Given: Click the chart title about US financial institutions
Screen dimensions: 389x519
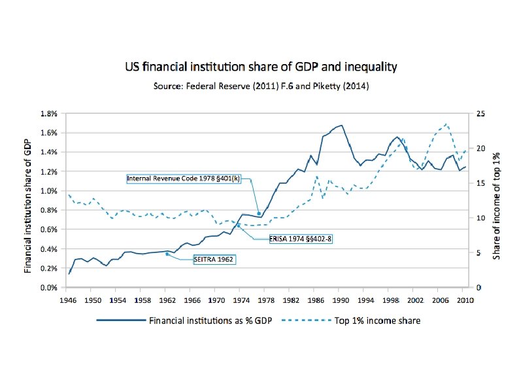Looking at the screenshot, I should pos(261,67).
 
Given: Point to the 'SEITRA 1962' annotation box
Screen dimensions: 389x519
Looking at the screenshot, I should pos(214,259).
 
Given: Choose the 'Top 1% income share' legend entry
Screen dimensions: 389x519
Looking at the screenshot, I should pos(375,320).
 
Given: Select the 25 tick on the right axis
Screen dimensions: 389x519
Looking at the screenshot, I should pos(480,113).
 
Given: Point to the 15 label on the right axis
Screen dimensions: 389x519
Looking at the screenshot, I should pos(480,183).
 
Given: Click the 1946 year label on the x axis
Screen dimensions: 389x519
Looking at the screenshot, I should pos(68,300).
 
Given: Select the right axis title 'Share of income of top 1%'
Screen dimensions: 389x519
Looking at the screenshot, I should pos(497,200).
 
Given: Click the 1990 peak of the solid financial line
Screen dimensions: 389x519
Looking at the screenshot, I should pos(341,125).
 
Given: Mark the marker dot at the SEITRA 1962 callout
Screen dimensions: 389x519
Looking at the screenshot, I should pos(167,254).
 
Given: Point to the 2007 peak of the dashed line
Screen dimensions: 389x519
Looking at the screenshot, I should pos(446,124).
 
